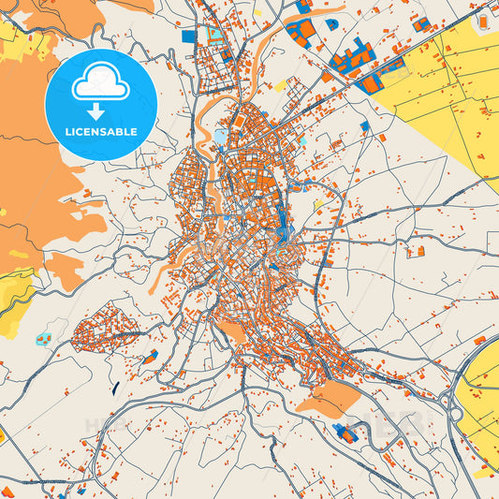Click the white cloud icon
(x=100, y=85)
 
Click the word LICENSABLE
(x=100, y=131)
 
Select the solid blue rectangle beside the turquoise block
(x=189, y=37)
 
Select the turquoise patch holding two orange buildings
(x=43, y=337)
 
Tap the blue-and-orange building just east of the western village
(x=150, y=356)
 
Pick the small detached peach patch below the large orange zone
(x=66, y=272)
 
